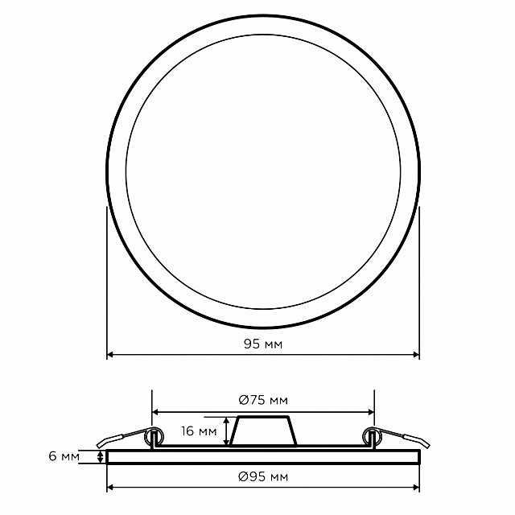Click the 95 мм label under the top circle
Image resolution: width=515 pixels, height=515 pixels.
pyautogui.click(x=263, y=344)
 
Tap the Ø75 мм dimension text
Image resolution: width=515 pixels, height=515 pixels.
pyautogui.click(x=263, y=400)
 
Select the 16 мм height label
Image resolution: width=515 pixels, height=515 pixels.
pyautogui.click(x=199, y=431)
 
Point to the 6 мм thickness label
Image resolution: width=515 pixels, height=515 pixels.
pyautogui.click(x=64, y=456)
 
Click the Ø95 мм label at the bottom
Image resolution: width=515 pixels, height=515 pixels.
pyautogui.click(x=263, y=476)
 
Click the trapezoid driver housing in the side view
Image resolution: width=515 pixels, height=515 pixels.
pyautogui.click(x=263, y=431)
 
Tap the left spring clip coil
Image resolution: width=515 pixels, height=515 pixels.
pyautogui.click(x=154, y=436)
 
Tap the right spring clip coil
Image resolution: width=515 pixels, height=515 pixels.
pyautogui.click(x=372, y=436)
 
